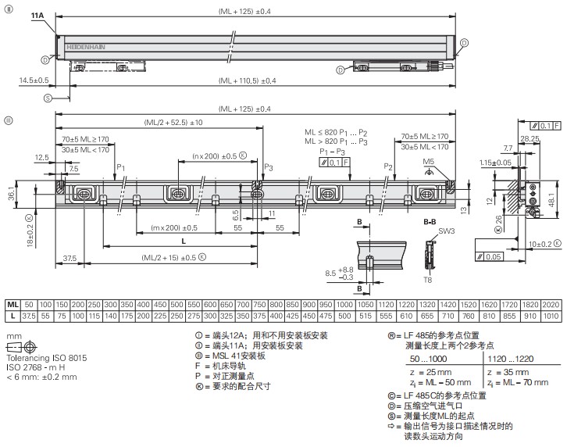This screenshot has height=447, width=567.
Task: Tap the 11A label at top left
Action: pos(37,16)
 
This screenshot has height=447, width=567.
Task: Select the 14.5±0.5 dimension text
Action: pos(34,80)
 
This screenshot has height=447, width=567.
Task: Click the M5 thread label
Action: pos(429,162)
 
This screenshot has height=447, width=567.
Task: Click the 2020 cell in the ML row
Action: pos(550,304)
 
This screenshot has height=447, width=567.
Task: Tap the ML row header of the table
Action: pos(13,304)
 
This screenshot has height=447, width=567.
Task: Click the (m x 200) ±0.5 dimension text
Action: pos(163,227)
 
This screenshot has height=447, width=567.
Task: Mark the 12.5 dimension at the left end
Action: pos(41,157)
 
